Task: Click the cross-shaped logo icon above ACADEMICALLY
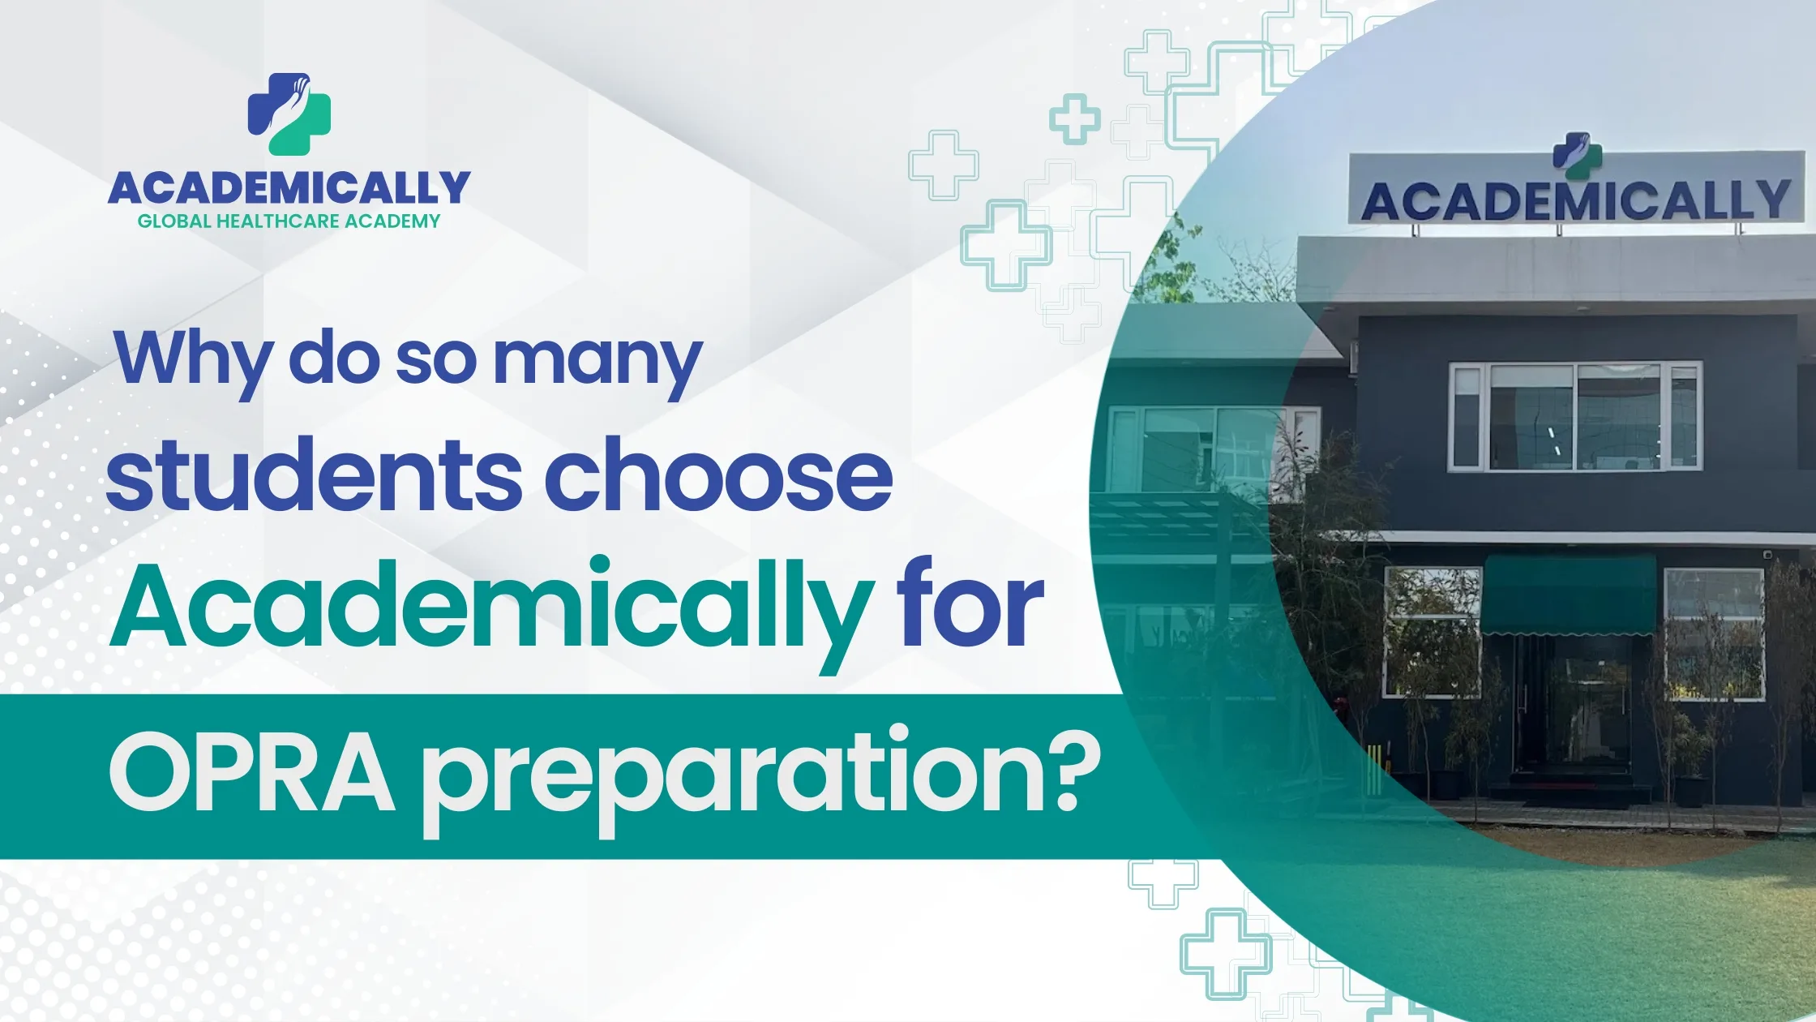[289, 114]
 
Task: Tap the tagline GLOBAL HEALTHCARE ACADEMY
[289, 221]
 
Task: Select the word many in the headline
[597, 361]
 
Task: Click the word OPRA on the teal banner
[251, 774]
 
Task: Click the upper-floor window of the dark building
[1574, 417]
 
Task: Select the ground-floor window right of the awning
[1713, 633]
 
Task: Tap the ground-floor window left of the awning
[1432, 633]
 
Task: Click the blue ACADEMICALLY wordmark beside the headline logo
[289, 188]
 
